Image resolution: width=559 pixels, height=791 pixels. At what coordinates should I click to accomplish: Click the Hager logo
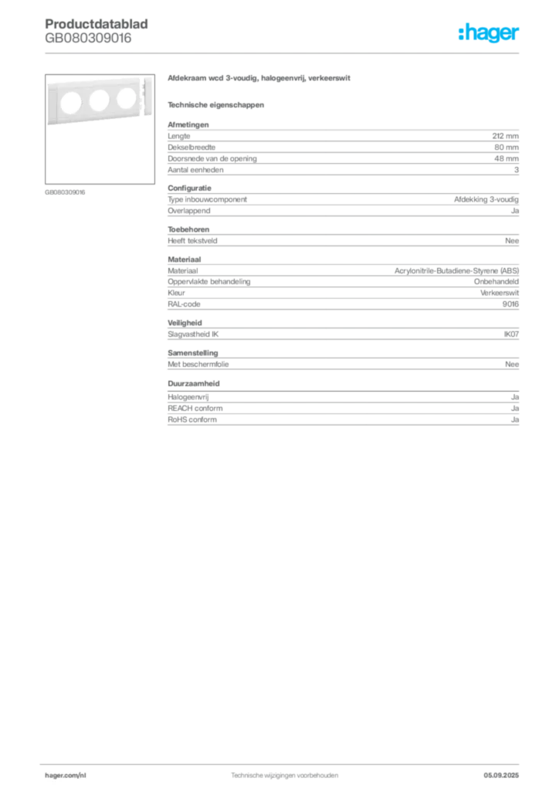coord(489,32)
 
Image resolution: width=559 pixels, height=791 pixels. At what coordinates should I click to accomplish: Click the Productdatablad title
coord(97,24)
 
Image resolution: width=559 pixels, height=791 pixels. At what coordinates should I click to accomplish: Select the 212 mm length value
coord(505,136)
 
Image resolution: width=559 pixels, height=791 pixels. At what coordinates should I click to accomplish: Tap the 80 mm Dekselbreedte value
coord(506,148)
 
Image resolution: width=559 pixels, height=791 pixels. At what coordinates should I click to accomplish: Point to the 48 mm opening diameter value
coord(506,158)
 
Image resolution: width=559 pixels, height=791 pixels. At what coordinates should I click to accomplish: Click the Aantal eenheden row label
coord(195,170)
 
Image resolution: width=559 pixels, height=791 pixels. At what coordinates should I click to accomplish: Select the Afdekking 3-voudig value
coord(486,199)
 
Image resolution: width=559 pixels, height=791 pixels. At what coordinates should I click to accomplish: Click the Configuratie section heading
coord(189,188)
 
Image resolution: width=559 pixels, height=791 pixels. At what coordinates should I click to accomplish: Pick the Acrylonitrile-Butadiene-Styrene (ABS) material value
coord(456,271)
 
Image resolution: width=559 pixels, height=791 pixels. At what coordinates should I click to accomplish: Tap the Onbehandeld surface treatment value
coord(496,281)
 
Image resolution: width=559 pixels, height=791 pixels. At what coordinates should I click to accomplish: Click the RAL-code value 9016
coord(510,304)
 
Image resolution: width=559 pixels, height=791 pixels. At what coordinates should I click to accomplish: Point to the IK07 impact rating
coord(511,334)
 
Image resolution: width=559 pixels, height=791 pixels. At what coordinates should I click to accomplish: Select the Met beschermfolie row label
coord(198,365)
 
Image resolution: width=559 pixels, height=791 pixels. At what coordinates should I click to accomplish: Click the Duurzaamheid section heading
coord(194,383)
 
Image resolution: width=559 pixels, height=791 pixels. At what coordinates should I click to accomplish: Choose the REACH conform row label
coord(195,408)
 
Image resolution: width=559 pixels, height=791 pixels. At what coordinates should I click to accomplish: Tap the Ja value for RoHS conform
coord(515,419)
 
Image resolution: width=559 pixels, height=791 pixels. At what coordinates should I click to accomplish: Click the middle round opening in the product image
coord(100,100)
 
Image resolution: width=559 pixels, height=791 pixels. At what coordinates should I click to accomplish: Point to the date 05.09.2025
coord(501,776)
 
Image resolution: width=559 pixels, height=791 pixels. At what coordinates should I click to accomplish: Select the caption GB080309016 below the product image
coord(65,192)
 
